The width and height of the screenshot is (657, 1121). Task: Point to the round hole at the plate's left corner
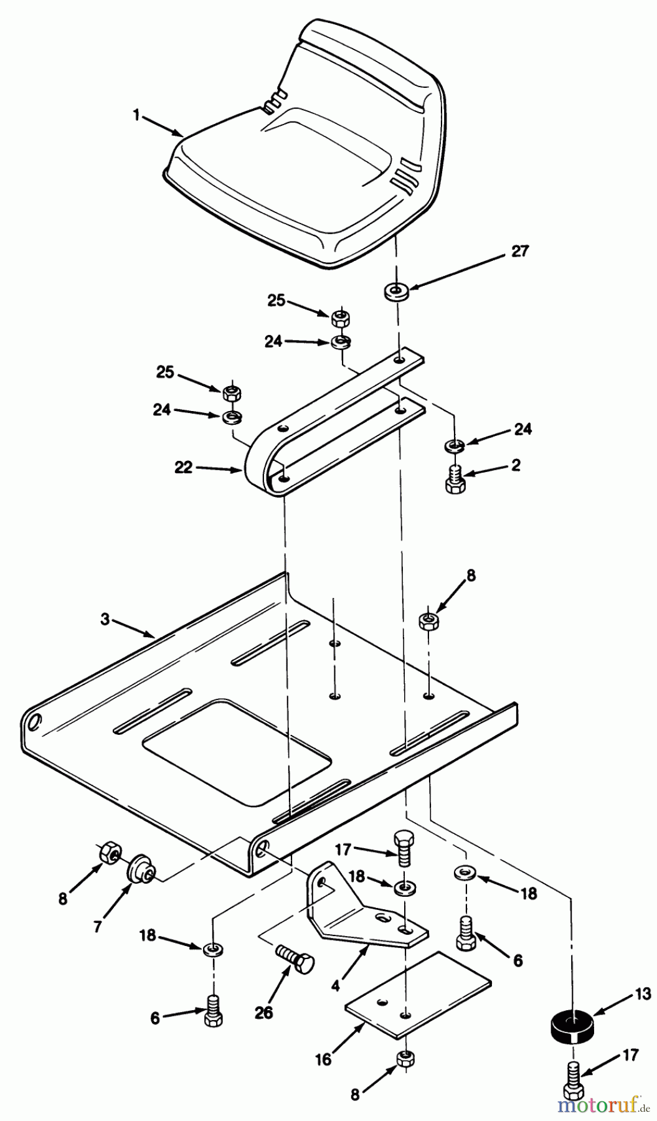coord(35,722)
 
